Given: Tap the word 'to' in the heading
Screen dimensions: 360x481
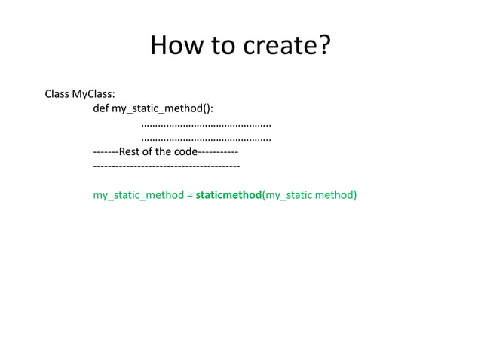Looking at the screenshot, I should coord(222,46).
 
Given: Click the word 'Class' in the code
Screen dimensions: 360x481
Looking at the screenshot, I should coord(57,95).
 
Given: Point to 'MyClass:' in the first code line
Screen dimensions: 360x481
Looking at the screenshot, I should coord(93,95).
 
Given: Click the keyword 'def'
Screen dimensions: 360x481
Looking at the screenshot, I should coord(101,108).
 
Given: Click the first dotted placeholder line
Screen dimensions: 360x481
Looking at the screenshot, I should coord(206,124).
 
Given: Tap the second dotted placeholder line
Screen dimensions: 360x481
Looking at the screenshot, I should coord(206,138).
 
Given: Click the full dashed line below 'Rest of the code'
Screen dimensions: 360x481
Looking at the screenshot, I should coord(166,165).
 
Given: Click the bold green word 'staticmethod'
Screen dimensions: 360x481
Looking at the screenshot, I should coord(228,195).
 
